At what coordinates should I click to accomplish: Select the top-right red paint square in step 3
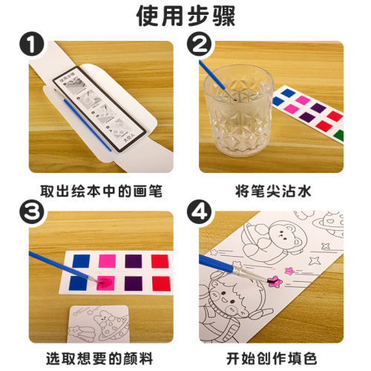(x=161, y=262)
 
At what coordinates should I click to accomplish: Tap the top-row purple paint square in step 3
(x=134, y=262)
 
